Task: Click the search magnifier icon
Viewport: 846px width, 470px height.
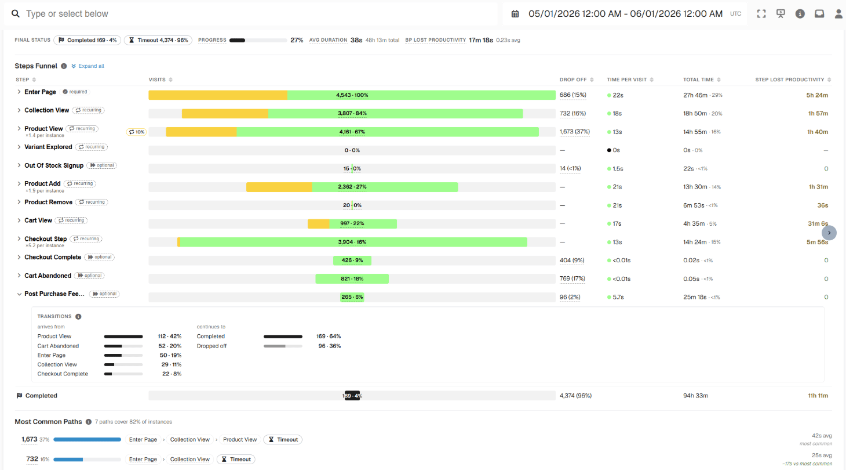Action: coord(16,13)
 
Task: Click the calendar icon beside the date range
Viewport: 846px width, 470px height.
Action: coord(515,14)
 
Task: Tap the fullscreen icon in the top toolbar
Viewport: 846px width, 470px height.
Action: coord(761,13)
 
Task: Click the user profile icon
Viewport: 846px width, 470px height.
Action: coord(838,13)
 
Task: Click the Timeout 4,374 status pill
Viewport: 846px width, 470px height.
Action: coord(158,40)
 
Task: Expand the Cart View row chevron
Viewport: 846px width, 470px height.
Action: coord(19,220)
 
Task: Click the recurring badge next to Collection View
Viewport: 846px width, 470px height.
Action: coord(89,110)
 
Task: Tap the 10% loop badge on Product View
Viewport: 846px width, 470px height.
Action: coord(136,132)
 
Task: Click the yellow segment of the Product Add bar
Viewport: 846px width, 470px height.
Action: coord(279,187)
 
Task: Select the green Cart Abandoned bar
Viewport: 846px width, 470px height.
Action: coord(352,279)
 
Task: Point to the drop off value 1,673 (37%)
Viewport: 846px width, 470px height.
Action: coord(574,132)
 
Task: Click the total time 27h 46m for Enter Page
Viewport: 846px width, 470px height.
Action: coord(695,95)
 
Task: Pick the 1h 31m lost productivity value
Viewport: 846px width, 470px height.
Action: coord(818,187)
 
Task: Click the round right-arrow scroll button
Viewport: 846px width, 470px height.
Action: coord(829,233)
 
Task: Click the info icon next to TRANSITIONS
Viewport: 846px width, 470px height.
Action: coord(78,316)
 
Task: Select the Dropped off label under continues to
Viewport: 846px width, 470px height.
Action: coord(211,346)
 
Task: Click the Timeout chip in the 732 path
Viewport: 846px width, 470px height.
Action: coord(236,460)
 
